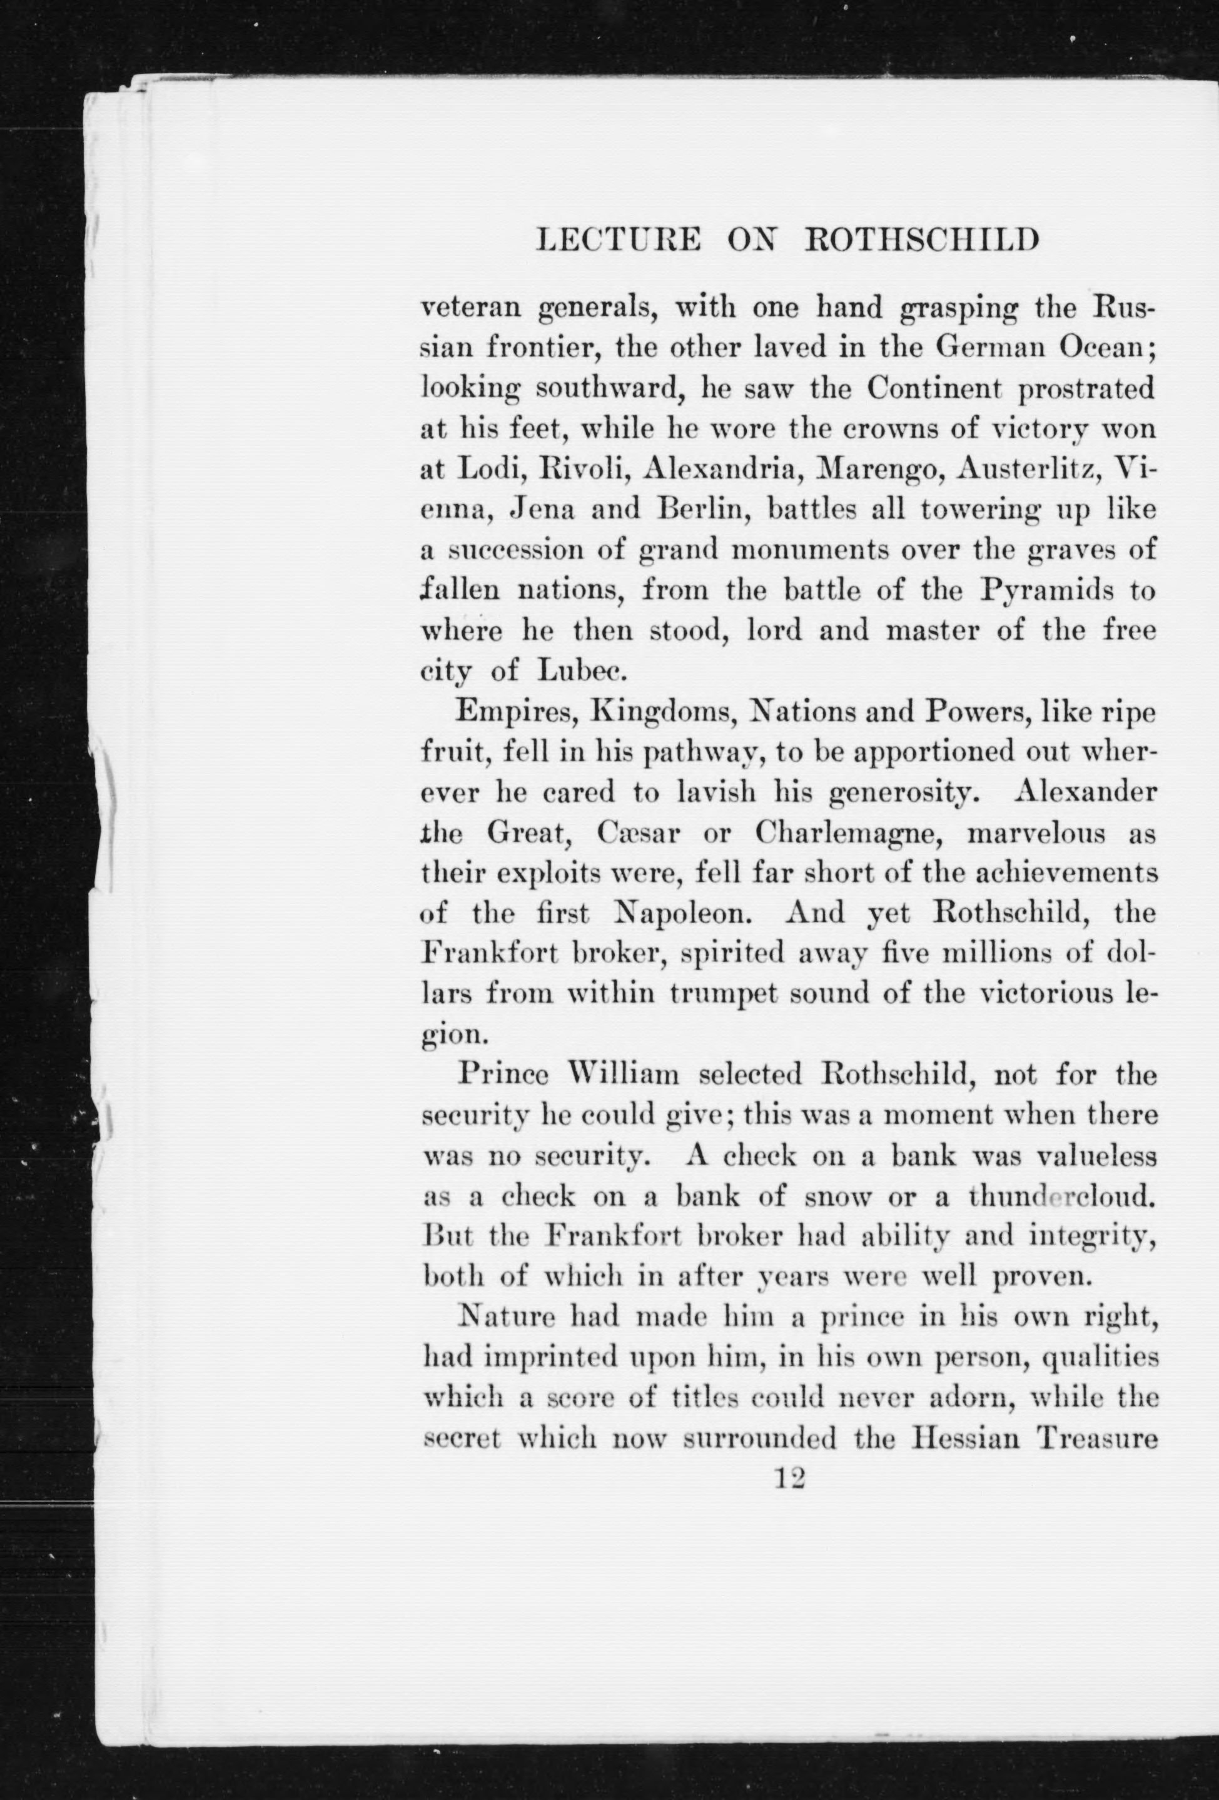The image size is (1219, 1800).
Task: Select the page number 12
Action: click(790, 1479)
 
